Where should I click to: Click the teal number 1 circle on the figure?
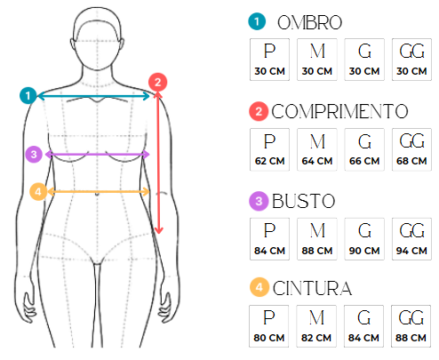(x=28, y=96)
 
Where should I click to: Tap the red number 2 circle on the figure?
(x=157, y=82)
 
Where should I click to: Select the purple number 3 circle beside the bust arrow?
(x=34, y=155)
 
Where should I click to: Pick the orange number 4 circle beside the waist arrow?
(x=38, y=192)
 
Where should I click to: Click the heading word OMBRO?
(x=309, y=22)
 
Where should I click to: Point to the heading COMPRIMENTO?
(x=339, y=112)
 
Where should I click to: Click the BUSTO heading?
(x=303, y=201)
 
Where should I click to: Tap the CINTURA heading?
(x=312, y=288)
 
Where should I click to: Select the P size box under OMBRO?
(x=269, y=60)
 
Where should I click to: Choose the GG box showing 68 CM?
(x=411, y=149)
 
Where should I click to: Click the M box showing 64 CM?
(x=317, y=149)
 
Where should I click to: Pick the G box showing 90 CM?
(x=364, y=239)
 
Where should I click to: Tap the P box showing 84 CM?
(x=269, y=239)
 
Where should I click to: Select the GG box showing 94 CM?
(x=411, y=239)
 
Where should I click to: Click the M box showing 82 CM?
(x=316, y=326)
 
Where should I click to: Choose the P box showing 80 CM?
(x=269, y=326)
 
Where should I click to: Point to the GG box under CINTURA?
(x=411, y=326)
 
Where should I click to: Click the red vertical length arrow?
(x=158, y=163)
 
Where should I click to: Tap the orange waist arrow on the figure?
(x=98, y=192)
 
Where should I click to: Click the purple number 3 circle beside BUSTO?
(x=259, y=201)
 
